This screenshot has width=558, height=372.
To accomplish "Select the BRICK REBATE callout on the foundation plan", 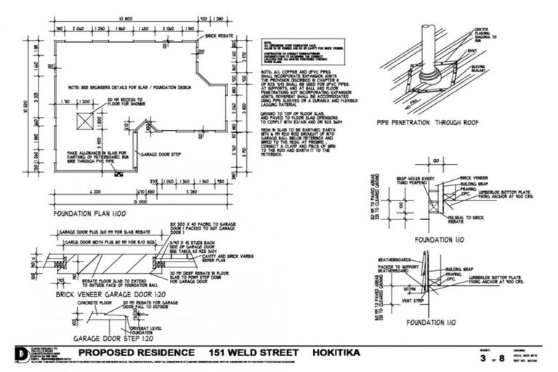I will pyautogui.click(x=219, y=35).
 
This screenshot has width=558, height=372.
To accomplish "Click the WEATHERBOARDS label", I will pyautogui.click(x=395, y=259).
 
